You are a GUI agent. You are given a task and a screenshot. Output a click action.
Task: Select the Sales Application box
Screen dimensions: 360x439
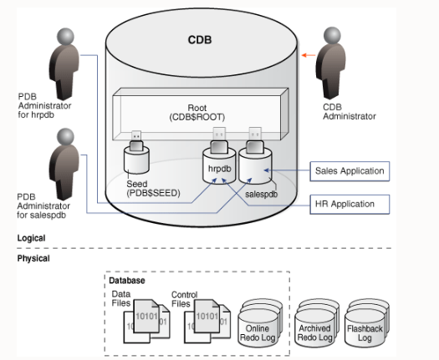coord(350,171)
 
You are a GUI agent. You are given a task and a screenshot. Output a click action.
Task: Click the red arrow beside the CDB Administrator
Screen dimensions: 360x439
coord(309,56)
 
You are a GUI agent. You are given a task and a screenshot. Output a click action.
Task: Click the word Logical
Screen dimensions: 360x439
coord(32,239)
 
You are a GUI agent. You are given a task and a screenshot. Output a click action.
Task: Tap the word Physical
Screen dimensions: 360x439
coord(33,259)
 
